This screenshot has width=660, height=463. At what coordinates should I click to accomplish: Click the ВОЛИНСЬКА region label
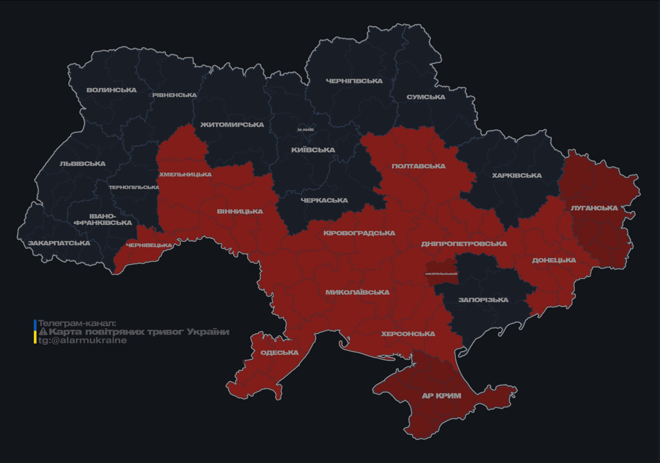pos(112,90)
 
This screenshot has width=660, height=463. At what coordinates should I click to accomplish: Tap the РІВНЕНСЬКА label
pos(174,95)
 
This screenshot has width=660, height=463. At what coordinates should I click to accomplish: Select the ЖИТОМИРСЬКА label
pos(232,125)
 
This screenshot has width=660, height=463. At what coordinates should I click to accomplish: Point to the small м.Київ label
pos(306,130)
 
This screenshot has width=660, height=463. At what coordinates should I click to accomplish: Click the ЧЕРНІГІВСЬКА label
pos(354,81)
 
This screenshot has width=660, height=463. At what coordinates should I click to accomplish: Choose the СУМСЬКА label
pos(426,97)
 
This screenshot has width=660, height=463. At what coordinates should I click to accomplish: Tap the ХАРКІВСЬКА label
pos(516,175)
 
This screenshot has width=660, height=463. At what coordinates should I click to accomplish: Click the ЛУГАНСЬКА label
pos(594,208)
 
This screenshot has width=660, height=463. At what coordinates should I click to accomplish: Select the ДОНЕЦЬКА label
pos(554,260)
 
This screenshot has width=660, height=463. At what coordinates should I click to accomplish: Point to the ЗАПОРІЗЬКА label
pos(483,300)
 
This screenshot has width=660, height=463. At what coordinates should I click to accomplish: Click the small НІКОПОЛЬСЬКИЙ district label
pos(441,274)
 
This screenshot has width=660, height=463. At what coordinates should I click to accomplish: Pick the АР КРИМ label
pos(441,396)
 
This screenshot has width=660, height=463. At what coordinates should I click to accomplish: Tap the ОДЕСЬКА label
pos(279,353)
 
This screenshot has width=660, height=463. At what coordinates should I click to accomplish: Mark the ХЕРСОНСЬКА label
pos(408,334)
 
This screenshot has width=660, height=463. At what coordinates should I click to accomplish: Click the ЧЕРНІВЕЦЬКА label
pos(149,245)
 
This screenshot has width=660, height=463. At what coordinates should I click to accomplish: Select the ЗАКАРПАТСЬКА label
pos(59,244)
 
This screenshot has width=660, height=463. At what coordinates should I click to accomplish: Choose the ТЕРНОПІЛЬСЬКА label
pos(134,187)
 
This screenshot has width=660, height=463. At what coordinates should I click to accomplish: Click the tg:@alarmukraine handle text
pos(83,341)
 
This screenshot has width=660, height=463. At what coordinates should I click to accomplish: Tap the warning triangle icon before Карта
pos(43,332)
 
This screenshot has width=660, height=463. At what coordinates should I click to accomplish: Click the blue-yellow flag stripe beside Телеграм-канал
pos(35,332)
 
